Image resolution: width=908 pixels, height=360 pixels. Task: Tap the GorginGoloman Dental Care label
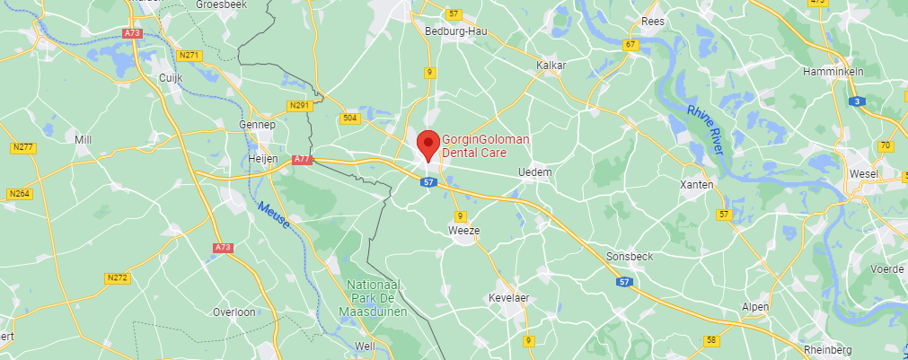coord(486,146)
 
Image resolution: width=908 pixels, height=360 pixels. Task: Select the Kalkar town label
coord(550,66)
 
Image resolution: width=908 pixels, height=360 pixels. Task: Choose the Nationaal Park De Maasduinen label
coord(377,298)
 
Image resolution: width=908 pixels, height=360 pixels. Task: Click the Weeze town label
coord(463,231)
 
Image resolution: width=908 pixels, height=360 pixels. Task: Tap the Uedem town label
coord(535,171)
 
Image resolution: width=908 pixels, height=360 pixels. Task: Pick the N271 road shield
coord(190,55)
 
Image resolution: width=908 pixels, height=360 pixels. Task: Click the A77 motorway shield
coord(302,159)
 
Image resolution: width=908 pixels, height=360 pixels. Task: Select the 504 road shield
coord(349,118)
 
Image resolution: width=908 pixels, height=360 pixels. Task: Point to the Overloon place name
coord(234,312)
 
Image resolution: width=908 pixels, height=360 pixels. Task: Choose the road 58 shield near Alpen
coord(711,340)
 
